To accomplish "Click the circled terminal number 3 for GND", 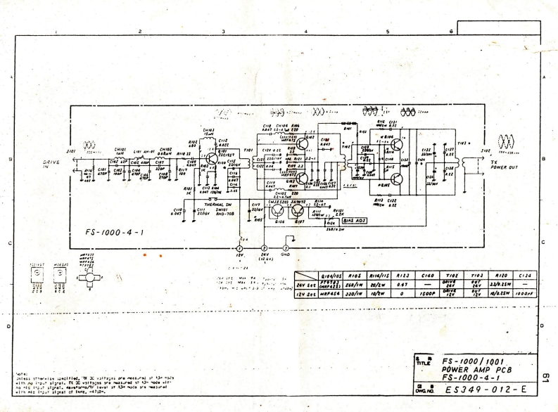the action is [286, 248].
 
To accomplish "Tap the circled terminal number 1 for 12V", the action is [239, 248].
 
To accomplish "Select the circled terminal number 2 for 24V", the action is [263, 248].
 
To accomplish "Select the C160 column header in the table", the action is [419, 276].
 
